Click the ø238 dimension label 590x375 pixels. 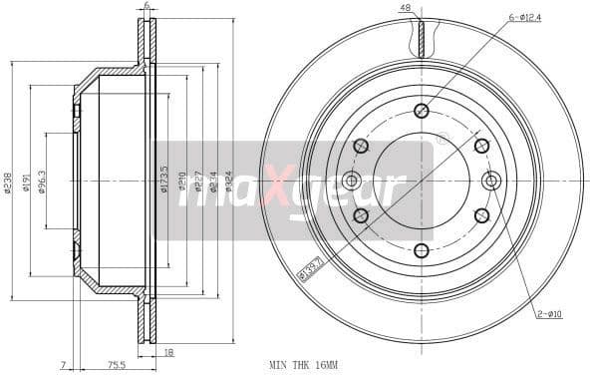[x=8, y=184]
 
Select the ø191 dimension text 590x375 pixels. [x=26, y=184]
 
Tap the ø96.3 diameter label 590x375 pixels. [x=42, y=184]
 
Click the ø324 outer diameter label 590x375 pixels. [x=228, y=184]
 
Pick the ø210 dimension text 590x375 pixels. [x=181, y=184]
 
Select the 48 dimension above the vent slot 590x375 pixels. [x=406, y=8]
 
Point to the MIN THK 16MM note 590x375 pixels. [x=303, y=366]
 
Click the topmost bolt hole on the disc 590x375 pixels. [x=421, y=111]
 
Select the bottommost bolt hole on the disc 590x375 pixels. [x=421, y=250]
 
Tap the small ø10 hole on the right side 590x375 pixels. [x=490, y=181]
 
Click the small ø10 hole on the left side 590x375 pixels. [x=351, y=181]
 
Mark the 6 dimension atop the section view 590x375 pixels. [x=147, y=7]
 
